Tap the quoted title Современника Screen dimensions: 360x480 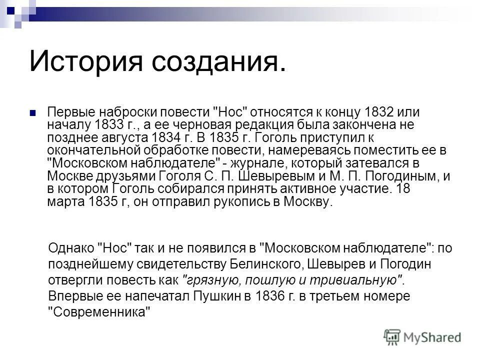pos(99,312)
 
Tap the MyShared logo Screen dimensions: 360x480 pos(422,337)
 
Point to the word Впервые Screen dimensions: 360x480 pos(72,295)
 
